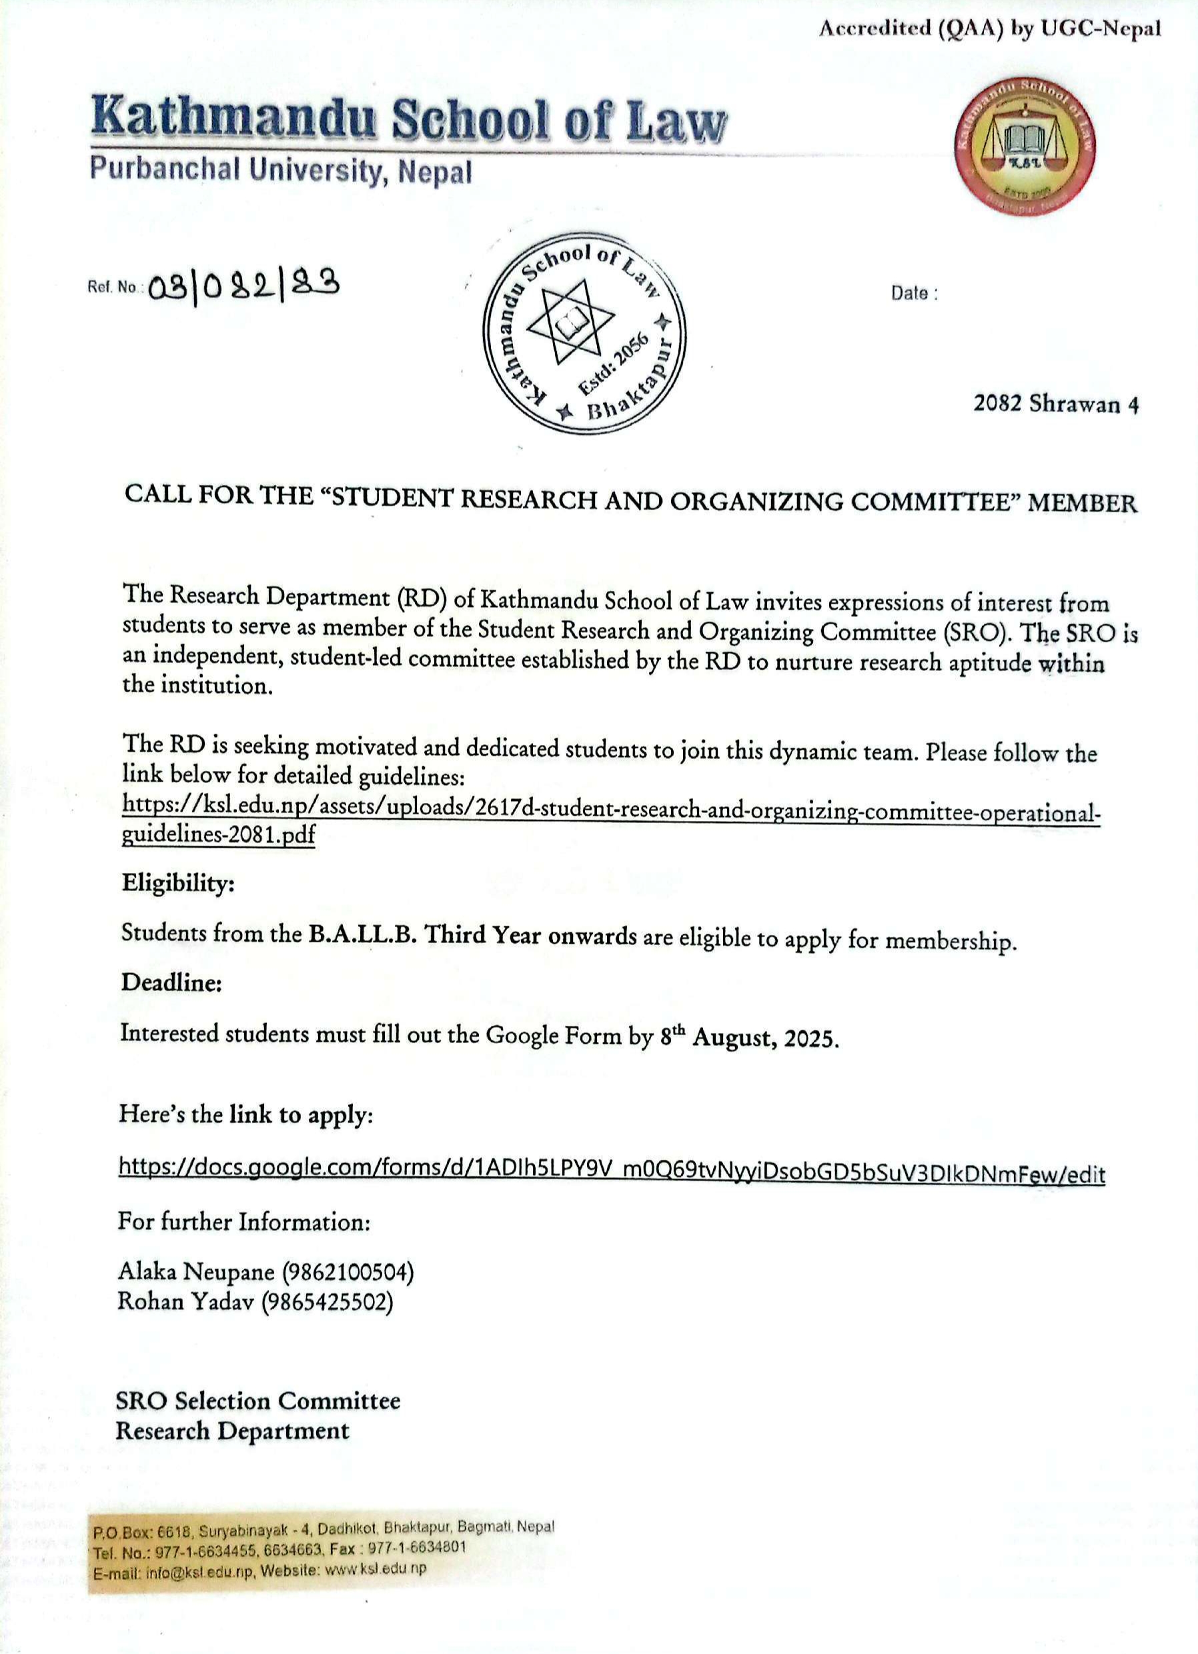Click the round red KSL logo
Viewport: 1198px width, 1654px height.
[x=1025, y=145]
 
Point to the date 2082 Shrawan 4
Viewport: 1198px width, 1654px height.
[x=1056, y=404]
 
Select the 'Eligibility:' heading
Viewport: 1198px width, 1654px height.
[x=178, y=883]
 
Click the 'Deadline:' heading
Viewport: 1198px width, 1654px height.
[x=171, y=982]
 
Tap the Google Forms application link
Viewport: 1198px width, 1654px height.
[x=612, y=1173]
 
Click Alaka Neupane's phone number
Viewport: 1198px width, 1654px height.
[x=348, y=1272]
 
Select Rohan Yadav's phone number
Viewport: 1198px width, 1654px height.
[x=327, y=1302]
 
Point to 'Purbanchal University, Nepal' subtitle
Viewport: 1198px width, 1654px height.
[x=281, y=171]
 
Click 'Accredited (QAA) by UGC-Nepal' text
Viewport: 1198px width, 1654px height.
[x=989, y=29]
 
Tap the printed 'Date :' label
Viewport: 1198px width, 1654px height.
[x=913, y=293]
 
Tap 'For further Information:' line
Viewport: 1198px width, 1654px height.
[x=244, y=1222]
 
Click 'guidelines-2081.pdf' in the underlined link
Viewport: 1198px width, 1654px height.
[x=218, y=835]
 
